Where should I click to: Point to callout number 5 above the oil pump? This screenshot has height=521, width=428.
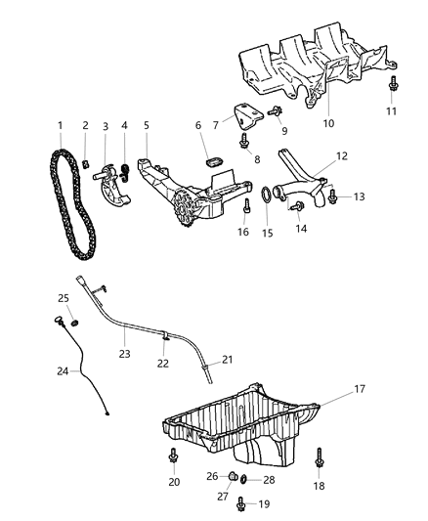147,126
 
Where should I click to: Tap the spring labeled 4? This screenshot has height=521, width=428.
124,173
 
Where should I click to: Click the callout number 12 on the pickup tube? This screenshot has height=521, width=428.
342,156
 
